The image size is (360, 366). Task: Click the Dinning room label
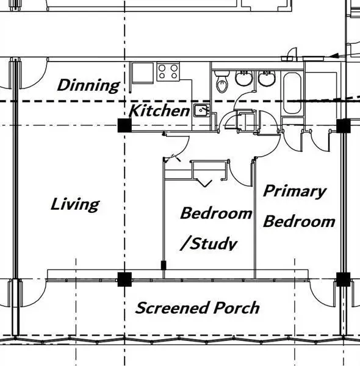pyautogui.click(x=88, y=85)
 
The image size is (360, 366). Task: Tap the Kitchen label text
pyautogui.click(x=159, y=110)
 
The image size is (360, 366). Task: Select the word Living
pyautogui.click(x=75, y=204)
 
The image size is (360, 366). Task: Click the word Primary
pyautogui.click(x=294, y=192)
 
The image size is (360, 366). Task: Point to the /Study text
pyautogui.click(x=209, y=244)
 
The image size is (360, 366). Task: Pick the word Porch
pyautogui.click(x=236, y=307)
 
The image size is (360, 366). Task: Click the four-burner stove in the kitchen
pyautogui.click(x=168, y=71)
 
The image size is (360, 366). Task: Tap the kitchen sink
pyautogui.click(x=202, y=110)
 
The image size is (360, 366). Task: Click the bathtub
pyautogui.click(x=292, y=93)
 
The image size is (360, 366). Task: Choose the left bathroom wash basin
pyautogui.click(x=243, y=78)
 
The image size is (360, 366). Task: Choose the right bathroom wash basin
pyautogui.click(x=267, y=78)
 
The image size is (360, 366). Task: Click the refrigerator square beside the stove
pyautogui.click(x=143, y=73)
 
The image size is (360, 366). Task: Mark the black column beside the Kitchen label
pyautogui.click(x=124, y=125)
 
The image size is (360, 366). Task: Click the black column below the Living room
pyautogui.click(x=124, y=279)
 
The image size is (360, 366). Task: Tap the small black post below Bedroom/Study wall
pyautogui.click(x=164, y=265)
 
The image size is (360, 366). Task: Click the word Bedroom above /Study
pyautogui.click(x=216, y=213)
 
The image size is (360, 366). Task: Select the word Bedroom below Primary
pyautogui.click(x=299, y=221)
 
